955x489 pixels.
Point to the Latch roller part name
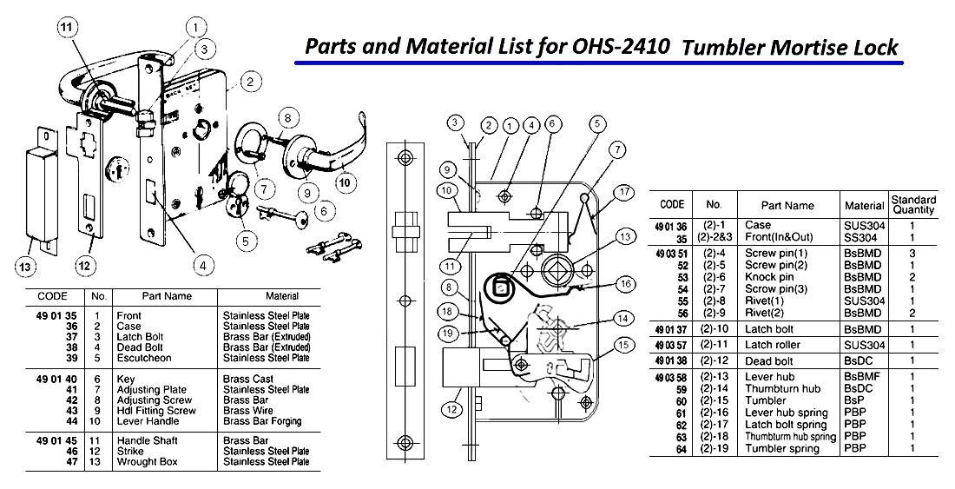coord(774,345)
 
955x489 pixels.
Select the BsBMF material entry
coord(859,376)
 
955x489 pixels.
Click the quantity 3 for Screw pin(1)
coord(912,253)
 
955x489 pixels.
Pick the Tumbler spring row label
coord(782,448)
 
